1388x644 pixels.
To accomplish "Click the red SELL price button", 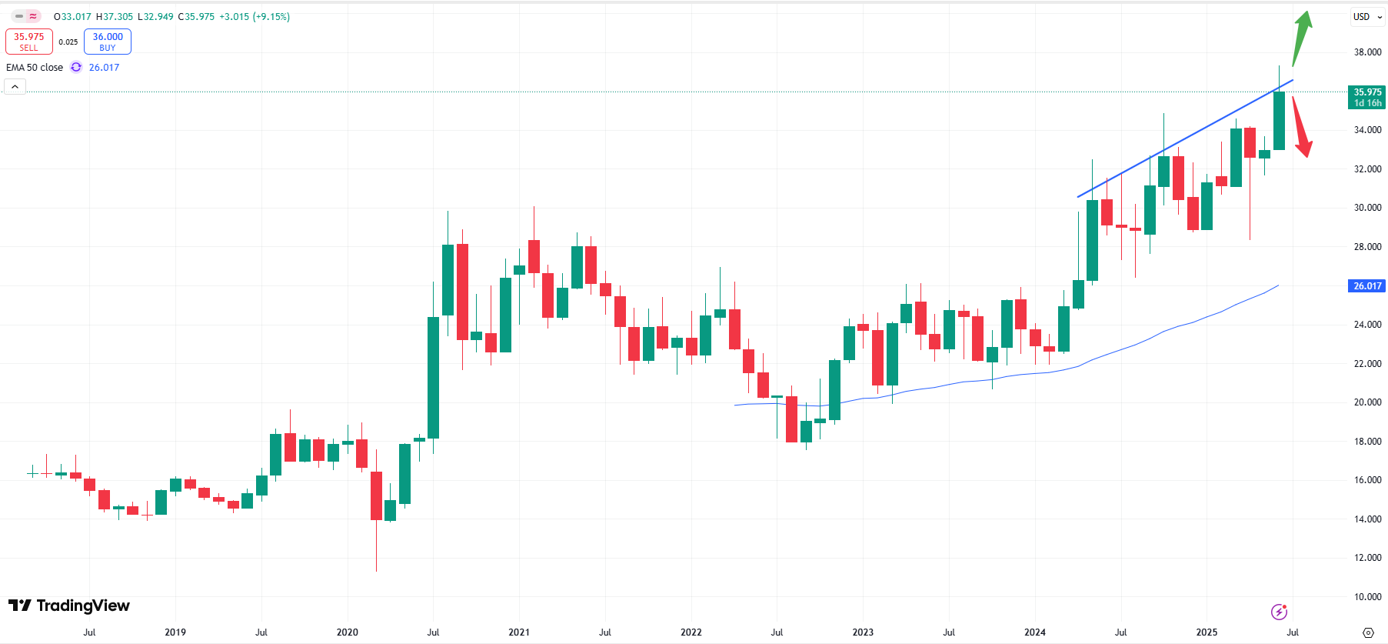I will click(29, 42).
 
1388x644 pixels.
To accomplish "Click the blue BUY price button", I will click(108, 42).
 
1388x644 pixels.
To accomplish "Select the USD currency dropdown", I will click(1367, 17).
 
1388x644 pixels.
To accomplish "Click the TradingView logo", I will click(69, 606).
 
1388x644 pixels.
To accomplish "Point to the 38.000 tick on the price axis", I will click(1367, 52).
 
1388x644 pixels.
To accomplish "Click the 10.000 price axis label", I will click(1367, 596).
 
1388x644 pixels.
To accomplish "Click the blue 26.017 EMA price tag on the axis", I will click(1367, 286).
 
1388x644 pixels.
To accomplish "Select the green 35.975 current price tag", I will click(1367, 97).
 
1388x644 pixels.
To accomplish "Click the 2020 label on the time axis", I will click(348, 632).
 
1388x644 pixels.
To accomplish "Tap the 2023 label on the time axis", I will click(863, 632).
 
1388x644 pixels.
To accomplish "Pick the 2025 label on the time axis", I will click(1207, 632).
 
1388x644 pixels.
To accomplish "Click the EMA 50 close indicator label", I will click(35, 68).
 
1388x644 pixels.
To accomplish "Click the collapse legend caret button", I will click(15, 87).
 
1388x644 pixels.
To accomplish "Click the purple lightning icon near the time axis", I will click(1279, 612).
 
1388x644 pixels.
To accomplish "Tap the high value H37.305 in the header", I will click(115, 17).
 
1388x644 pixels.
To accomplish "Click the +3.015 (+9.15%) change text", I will click(255, 17).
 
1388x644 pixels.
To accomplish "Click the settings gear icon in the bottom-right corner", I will click(1368, 632).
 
